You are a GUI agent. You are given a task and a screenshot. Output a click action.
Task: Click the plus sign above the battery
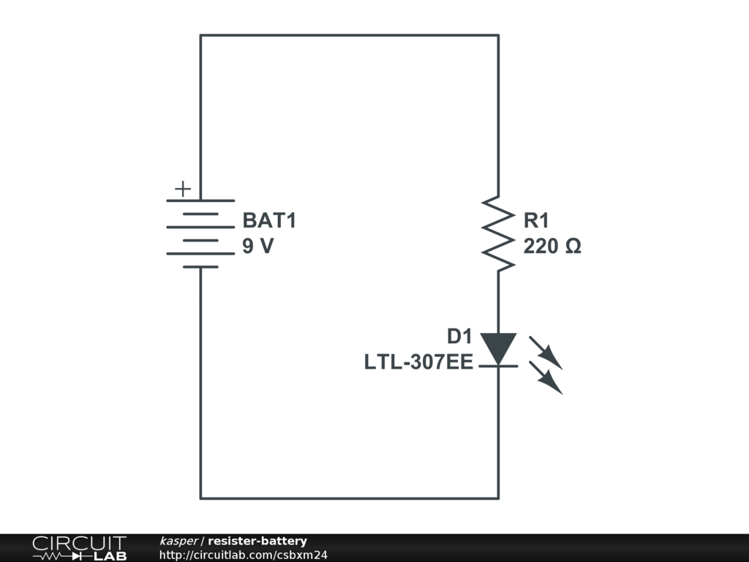[x=182, y=190]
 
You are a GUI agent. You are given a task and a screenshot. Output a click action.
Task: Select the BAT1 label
[x=269, y=221]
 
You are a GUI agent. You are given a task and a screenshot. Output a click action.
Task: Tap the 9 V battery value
[x=258, y=247]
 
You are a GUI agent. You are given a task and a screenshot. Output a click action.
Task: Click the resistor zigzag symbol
[x=498, y=233]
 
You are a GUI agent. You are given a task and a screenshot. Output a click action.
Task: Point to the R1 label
[x=535, y=221]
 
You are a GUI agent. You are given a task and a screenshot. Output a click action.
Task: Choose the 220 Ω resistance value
[x=552, y=247]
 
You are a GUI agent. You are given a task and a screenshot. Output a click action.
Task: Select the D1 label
[x=459, y=337]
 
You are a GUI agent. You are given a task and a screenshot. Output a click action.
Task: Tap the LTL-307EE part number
[x=418, y=362]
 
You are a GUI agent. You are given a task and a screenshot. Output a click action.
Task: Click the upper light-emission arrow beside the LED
[x=546, y=353]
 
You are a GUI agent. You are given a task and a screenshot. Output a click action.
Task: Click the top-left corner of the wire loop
[x=201, y=34]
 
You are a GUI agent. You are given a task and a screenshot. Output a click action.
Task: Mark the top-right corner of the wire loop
[x=498, y=34]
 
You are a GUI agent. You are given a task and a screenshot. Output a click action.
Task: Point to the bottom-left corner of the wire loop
[x=201, y=498]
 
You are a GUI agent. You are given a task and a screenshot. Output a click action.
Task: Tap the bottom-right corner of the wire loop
[x=498, y=498]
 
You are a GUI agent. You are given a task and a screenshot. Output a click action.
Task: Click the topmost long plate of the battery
[x=200, y=201]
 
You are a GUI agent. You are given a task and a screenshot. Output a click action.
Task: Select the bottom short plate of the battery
[x=200, y=267]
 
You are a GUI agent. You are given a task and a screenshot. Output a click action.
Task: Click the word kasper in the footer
[x=178, y=541]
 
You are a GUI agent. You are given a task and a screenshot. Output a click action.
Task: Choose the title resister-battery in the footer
[x=257, y=541]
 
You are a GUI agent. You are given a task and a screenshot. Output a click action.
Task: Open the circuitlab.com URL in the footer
[x=243, y=555]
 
